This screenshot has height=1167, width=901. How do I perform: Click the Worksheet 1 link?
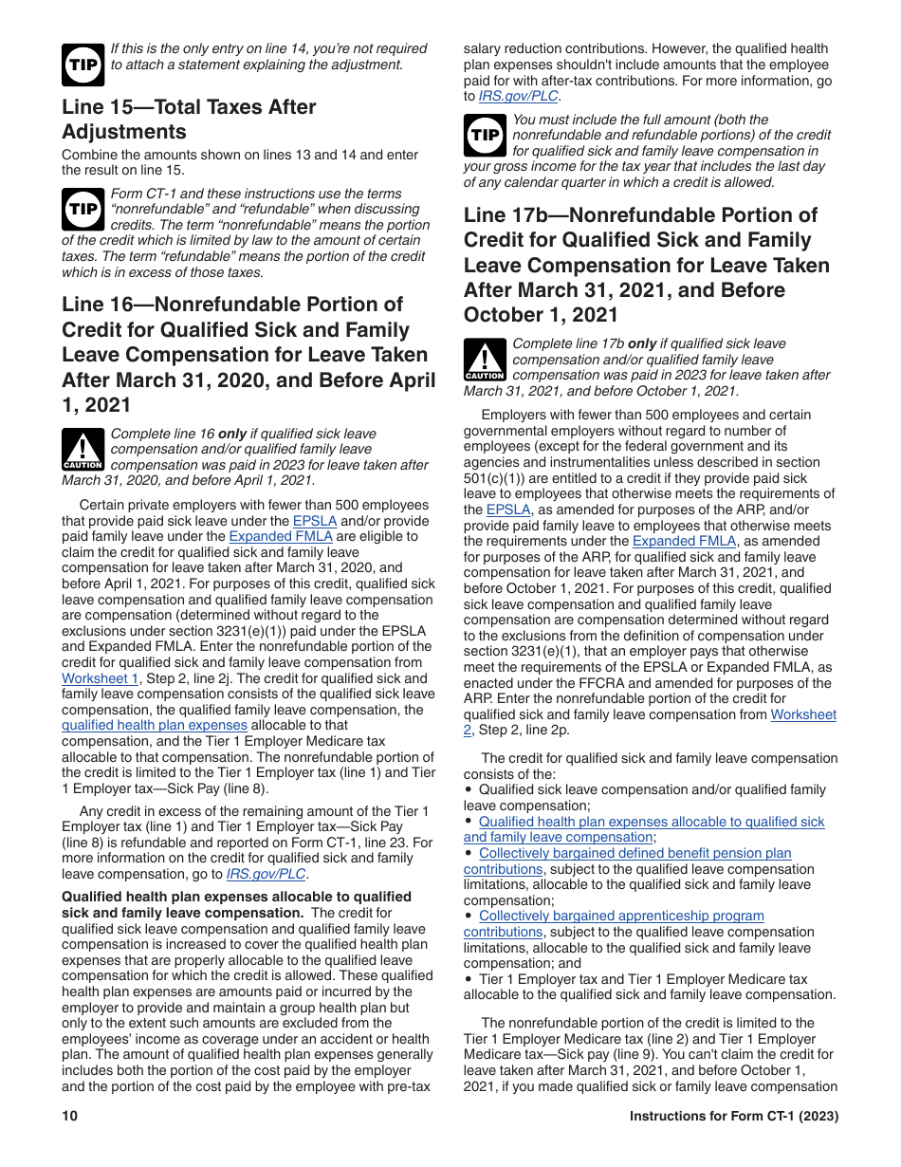tap(101, 678)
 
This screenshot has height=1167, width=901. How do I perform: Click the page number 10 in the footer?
tap(69, 1117)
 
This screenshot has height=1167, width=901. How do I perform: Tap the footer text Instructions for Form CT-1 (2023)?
tap(733, 1117)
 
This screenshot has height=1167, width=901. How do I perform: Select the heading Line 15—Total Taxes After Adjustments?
tap(189, 120)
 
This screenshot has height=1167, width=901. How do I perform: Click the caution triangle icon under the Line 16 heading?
tap(83, 450)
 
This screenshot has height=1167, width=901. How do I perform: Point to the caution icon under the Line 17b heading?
tap(484, 361)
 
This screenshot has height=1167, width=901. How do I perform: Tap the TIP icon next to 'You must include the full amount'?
tap(484, 136)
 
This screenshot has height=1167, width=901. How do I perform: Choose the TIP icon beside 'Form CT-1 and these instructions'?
tap(83, 210)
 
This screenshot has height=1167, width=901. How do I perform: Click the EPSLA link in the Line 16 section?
tap(314, 521)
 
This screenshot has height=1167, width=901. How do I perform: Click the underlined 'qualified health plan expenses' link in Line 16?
tap(154, 726)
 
